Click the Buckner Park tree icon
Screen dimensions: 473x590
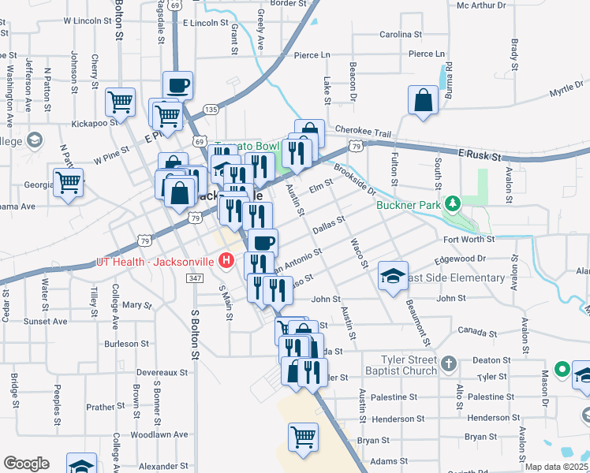click(x=451, y=204)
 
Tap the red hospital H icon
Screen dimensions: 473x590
click(x=227, y=259)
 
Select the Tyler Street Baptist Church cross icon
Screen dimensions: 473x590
click(x=448, y=363)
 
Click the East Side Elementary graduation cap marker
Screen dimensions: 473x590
click(x=393, y=276)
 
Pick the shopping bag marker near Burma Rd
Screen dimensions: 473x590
click(x=423, y=100)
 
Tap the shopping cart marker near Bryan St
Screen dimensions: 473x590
click(x=303, y=436)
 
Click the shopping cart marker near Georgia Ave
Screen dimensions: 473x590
click(x=69, y=182)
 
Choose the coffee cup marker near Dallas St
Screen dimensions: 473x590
click(x=263, y=243)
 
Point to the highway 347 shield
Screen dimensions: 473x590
click(x=196, y=278)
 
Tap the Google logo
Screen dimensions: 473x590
click(x=27, y=463)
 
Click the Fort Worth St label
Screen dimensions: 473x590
click(x=468, y=239)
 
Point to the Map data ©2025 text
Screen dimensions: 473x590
click(x=557, y=467)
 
